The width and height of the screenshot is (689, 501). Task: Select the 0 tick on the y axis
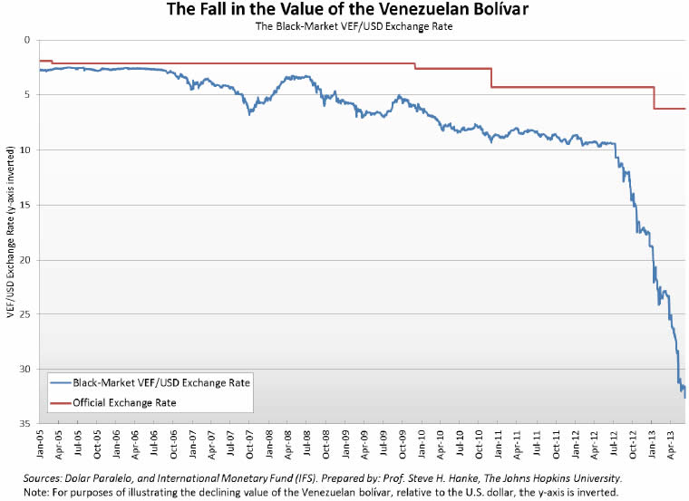[x=27, y=40]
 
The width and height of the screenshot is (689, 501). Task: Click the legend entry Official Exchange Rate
[x=124, y=402]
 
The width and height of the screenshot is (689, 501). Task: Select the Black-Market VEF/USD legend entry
[x=150, y=383]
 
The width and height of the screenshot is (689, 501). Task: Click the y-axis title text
[x=10, y=231]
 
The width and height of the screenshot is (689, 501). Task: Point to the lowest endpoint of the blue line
[x=684, y=397]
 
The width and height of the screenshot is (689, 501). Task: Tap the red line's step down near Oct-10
[x=491, y=78]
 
